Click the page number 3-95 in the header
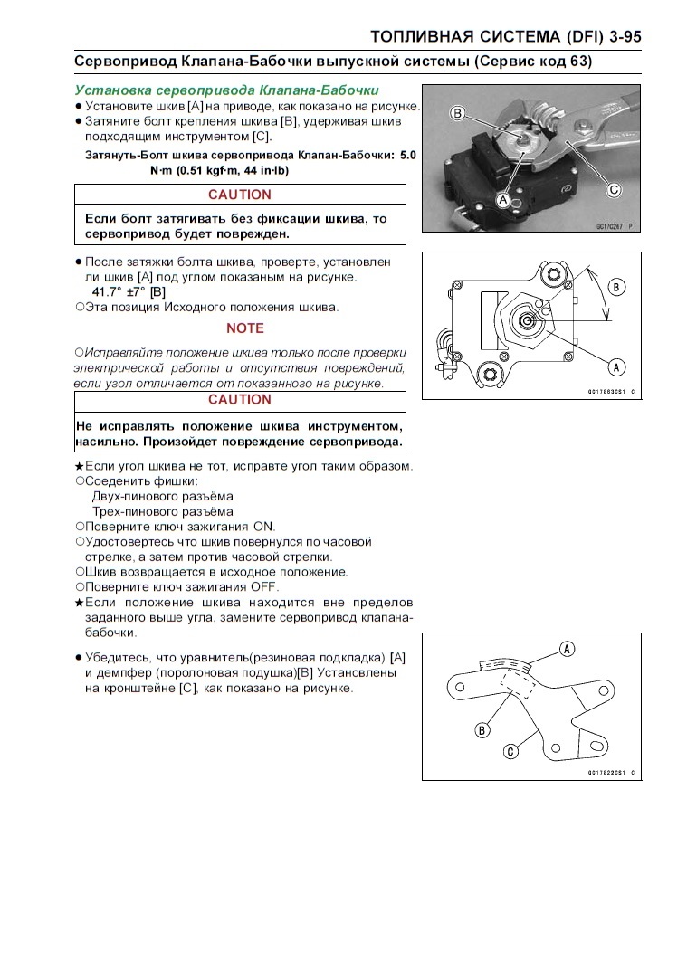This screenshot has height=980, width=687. pos(617,36)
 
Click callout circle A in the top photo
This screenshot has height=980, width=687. pos(503,198)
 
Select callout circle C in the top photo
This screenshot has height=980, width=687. pos(614,190)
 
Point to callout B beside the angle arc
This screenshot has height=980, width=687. pos(617,287)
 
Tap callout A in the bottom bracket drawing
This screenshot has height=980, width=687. pos(568,648)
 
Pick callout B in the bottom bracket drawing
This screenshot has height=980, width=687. pos(482,729)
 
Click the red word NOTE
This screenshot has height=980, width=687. pos(245,328)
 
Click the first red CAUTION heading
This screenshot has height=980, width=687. pos(239,195)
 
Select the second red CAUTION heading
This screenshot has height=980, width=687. pos(239,400)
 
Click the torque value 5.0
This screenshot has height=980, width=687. pos(406,156)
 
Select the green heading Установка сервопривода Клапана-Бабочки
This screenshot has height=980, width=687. pos(226,90)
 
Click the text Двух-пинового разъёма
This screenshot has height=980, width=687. pos(162,496)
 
